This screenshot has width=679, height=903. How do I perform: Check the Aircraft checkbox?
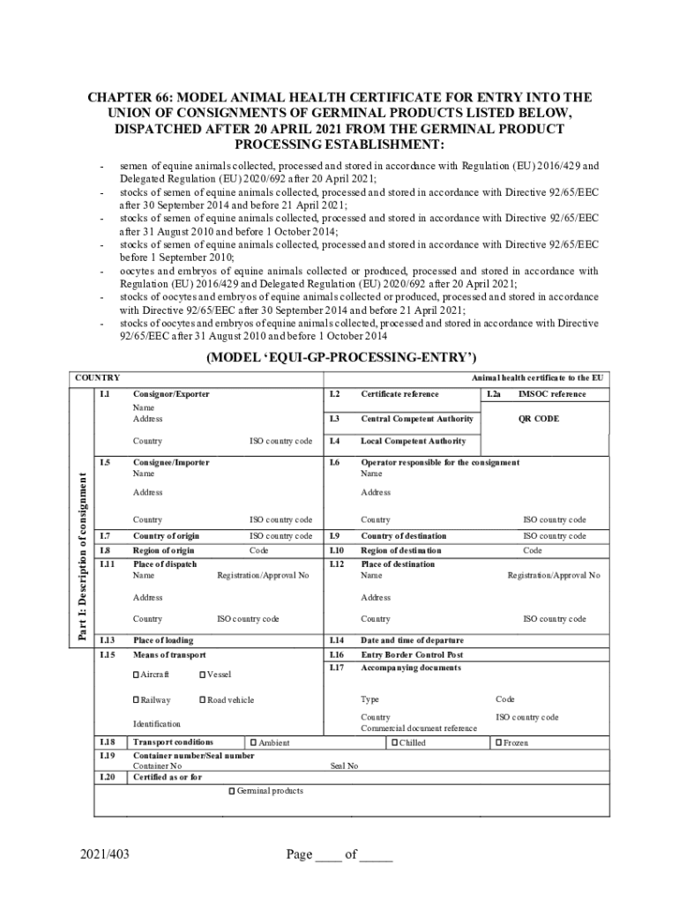(x=136, y=675)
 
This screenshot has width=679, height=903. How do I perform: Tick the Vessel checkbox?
(x=202, y=675)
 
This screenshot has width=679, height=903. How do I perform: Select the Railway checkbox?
(x=136, y=700)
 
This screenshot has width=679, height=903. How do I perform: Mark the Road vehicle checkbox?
(x=202, y=700)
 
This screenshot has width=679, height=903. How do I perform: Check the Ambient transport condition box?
(x=253, y=743)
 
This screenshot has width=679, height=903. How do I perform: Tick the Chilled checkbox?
(x=393, y=743)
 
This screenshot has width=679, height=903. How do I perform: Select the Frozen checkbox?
(x=498, y=743)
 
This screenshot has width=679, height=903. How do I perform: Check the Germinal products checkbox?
(x=232, y=791)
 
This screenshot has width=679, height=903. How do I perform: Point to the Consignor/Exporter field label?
(x=171, y=394)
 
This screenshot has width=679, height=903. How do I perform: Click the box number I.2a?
(x=494, y=394)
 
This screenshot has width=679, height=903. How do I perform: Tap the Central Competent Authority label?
(x=417, y=419)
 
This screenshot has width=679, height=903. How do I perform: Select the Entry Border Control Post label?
(x=412, y=655)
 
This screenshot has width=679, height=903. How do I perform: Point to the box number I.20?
(x=108, y=777)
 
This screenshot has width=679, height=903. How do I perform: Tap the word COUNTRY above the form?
(x=97, y=378)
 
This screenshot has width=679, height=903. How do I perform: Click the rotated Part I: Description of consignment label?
(x=84, y=556)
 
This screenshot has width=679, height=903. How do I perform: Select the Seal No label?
(x=344, y=766)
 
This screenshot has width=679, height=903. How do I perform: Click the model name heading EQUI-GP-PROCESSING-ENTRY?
(x=341, y=357)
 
